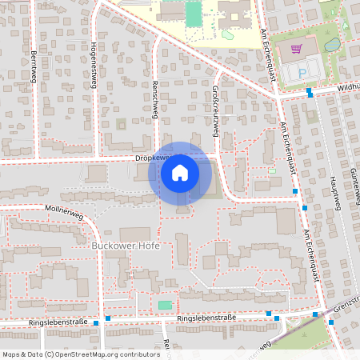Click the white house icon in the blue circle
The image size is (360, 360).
coord(180,172)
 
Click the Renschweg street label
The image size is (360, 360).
coord(154,100)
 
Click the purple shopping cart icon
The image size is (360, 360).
coord(297,48)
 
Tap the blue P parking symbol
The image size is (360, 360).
coord(302,71)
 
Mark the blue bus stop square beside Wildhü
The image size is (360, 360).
coord(310,93)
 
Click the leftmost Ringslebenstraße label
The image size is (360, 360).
coord(58,322)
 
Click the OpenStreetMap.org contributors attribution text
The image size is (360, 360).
coord(104,354)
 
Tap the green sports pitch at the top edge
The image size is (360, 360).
coord(194,14)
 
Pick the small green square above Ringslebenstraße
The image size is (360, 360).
coord(165,305)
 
